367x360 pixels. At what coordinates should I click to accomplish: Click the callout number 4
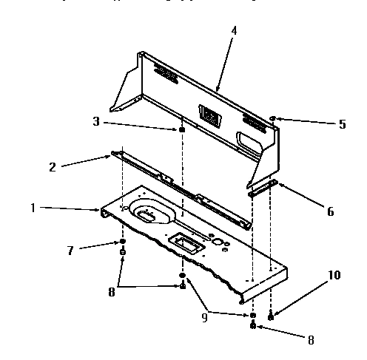[x=235, y=33]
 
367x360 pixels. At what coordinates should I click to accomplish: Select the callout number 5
[x=342, y=124]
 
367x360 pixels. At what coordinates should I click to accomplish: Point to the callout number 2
[x=52, y=167]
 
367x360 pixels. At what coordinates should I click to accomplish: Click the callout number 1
[x=32, y=208]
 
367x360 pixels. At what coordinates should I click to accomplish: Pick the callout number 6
[x=330, y=211]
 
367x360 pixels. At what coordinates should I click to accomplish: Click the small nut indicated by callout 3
[x=181, y=130]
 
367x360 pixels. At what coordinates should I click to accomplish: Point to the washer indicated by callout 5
[x=273, y=118]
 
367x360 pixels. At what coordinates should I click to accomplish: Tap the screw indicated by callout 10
[x=270, y=316]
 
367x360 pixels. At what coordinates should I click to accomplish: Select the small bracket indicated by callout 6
[x=263, y=187]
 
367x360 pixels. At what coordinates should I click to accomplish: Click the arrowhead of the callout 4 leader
[x=218, y=92]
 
